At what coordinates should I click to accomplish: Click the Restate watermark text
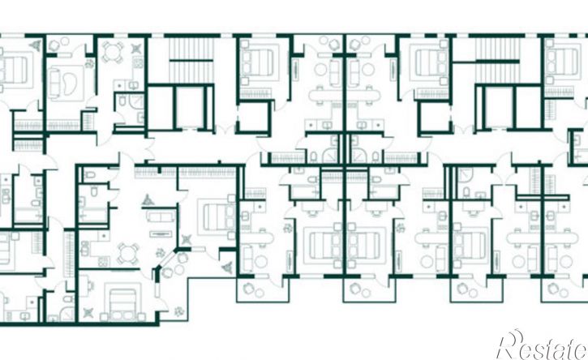pyautogui.click(x=543, y=346)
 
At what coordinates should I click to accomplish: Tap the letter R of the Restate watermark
pyautogui.click(x=511, y=345)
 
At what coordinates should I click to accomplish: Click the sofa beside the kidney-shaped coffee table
pyautogui.click(x=54, y=84)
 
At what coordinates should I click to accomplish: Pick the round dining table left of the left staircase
pyautogui.click(x=112, y=52)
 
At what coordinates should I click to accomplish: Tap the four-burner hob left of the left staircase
pyautogui.click(x=138, y=62)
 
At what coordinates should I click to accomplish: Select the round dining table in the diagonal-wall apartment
pyautogui.click(x=127, y=254)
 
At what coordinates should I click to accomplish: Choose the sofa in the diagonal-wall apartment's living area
pyautogui.click(x=161, y=216)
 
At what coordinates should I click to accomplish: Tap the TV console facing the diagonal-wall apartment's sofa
pyautogui.click(x=161, y=234)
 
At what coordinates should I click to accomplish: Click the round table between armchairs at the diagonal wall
pyautogui.click(x=179, y=269)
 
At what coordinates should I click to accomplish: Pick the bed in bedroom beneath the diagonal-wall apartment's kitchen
pyautogui.click(x=122, y=300)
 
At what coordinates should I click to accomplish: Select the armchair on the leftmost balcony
pyautogui.click(x=247, y=289)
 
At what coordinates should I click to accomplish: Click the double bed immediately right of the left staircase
pyautogui.click(x=257, y=62)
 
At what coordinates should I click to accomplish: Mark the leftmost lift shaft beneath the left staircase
pyautogui.click(x=161, y=108)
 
